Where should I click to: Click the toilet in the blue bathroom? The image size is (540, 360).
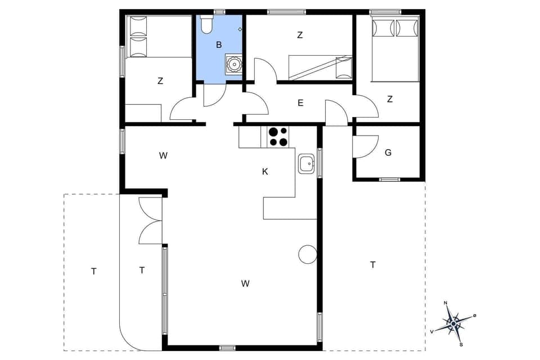(206, 24)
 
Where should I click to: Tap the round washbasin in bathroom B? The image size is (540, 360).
(233, 64)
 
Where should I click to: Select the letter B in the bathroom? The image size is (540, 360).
(219, 44)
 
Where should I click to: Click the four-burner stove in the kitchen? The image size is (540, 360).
(277, 137)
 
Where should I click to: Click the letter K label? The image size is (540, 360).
(265, 172)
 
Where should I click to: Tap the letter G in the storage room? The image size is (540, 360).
(388, 152)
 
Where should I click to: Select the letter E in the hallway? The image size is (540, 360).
(300, 103)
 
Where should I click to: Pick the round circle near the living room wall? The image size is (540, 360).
(308, 254)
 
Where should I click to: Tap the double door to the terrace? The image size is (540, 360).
(150, 220)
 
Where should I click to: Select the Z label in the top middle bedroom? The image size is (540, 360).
(300, 35)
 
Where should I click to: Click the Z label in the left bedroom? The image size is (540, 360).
(160, 81)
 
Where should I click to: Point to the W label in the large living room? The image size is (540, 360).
(245, 283)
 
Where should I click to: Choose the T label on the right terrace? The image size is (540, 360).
(372, 264)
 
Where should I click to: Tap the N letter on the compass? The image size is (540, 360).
(446, 304)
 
